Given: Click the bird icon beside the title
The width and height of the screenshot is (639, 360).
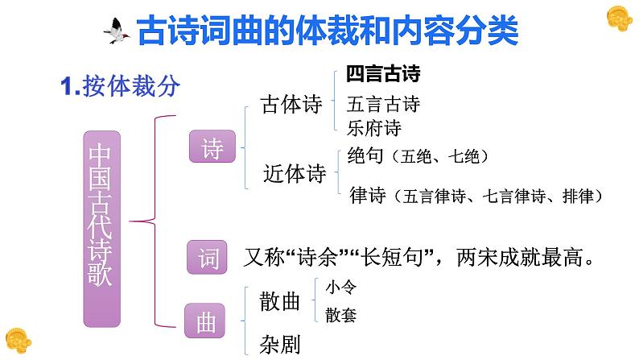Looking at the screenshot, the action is [119, 31].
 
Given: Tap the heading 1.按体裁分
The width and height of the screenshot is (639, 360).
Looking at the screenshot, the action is [121, 86].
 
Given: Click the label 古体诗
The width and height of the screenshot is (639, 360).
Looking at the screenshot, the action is [291, 105].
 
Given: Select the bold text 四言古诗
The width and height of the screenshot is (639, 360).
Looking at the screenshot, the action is [384, 75].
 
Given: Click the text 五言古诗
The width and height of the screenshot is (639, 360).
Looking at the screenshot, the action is [383, 105].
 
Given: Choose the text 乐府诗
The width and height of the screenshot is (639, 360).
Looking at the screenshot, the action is [374, 127].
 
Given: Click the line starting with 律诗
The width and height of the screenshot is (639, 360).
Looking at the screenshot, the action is [475, 196].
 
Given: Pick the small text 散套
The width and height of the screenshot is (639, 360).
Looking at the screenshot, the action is [340, 315].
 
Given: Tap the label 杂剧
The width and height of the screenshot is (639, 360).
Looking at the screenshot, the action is [279, 345].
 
